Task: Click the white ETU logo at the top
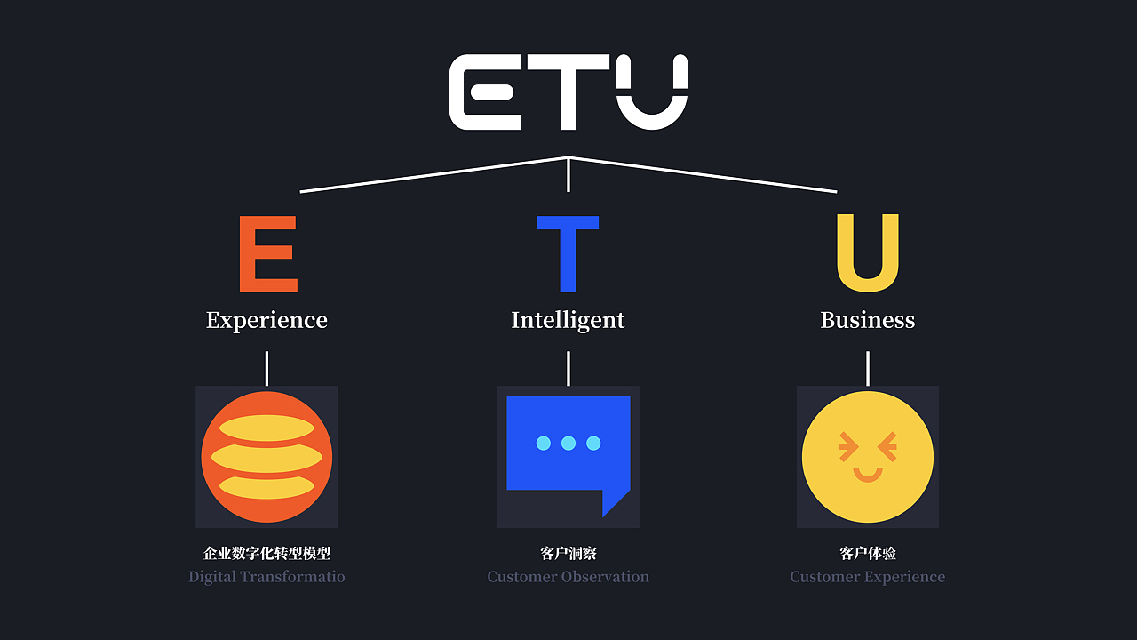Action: tap(568, 92)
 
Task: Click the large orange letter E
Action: tap(267, 253)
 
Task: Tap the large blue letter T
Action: tap(568, 253)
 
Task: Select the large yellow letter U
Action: tap(868, 253)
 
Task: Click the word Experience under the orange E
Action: tap(266, 320)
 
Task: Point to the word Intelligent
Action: tap(568, 320)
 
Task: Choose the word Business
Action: tap(868, 320)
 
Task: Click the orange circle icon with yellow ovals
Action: tap(266, 457)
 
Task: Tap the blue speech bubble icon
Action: tap(568, 449)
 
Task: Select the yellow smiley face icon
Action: tap(868, 457)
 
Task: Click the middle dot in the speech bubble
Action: tap(568, 443)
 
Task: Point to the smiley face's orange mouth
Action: tap(868, 475)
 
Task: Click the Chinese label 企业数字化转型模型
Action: tap(266, 553)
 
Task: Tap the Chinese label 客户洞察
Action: tap(568, 553)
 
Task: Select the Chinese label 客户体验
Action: tap(868, 553)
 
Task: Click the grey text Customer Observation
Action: tap(568, 577)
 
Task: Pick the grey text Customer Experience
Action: tap(868, 577)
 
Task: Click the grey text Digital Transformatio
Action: tap(266, 577)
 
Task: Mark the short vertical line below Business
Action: tap(868, 368)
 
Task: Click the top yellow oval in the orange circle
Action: tap(266, 428)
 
